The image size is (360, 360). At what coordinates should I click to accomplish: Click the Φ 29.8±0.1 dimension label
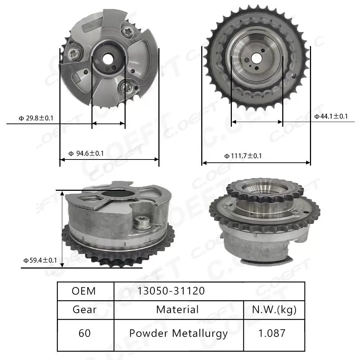(36, 118)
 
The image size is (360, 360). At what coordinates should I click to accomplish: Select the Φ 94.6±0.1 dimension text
(86, 153)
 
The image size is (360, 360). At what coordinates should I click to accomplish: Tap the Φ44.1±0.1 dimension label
(331, 116)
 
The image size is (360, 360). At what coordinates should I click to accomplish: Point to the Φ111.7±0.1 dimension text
(243, 156)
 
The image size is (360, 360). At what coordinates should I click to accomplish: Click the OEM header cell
(84, 291)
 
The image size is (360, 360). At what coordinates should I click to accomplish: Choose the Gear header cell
(84, 309)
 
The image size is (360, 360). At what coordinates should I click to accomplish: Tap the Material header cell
(177, 309)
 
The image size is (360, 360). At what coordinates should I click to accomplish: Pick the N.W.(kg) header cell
(274, 309)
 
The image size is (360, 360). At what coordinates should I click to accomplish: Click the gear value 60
(84, 333)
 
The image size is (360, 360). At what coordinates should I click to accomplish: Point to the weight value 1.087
(274, 333)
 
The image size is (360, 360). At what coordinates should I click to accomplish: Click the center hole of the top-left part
(107, 58)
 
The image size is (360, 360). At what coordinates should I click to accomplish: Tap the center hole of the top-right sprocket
(256, 57)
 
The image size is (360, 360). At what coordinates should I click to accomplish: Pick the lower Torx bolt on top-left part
(127, 86)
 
